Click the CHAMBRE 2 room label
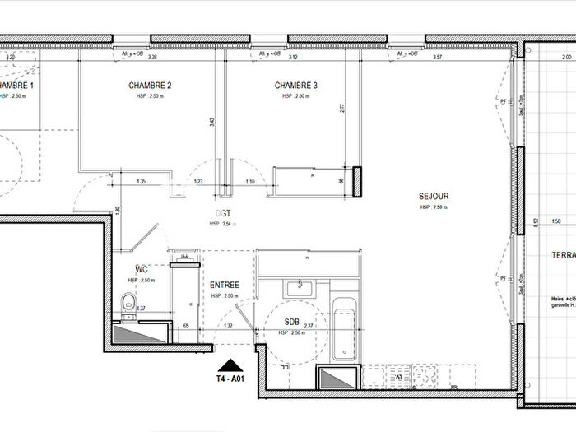point(150,86)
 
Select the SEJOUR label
point(433,197)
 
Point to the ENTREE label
point(224,285)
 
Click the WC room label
point(141,269)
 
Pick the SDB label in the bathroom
point(292,322)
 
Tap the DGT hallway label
point(224,213)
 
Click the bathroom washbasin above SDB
point(297,289)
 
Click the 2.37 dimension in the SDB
point(308,326)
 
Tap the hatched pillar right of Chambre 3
point(358,181)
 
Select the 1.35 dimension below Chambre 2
point(141,181)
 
